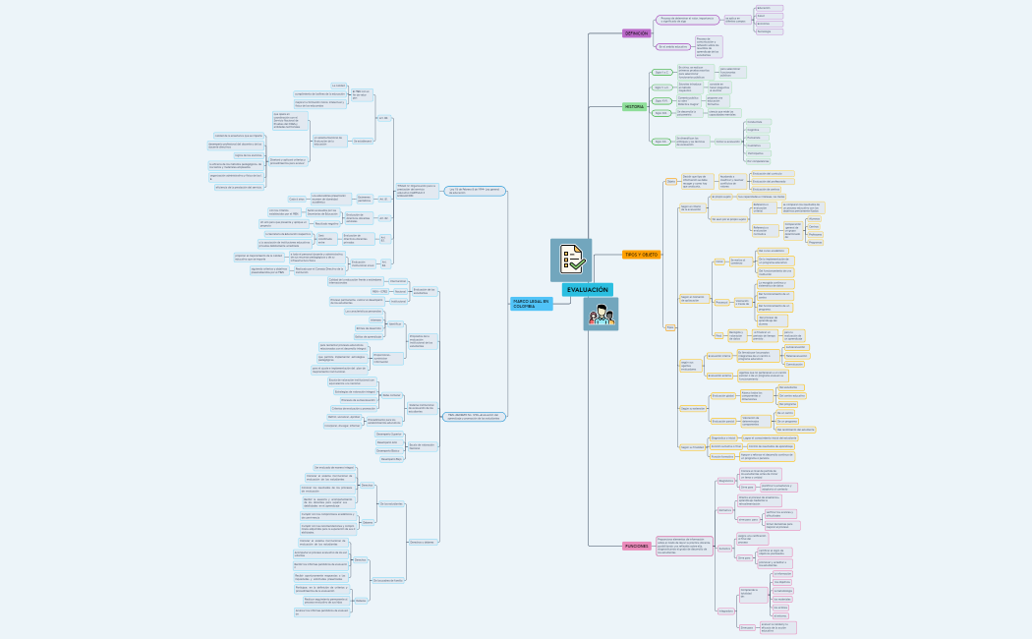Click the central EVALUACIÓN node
pyautogui.click(x=587, y=290)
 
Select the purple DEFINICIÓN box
pyautogui.click(x=637, y=33)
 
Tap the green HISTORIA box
pyautogui.click(x=635, y=106)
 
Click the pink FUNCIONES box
pyautogui.click(x=636, y=546)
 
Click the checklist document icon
pyautogui.click(x=571, y=259)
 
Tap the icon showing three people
pyautogui.click(x=601, y=316)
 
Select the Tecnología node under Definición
pyautogui.click(x=770, y=31)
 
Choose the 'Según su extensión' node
pyautogui.click(x=694, y=408)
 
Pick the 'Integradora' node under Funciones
pyautogui.click(x=726, y=610)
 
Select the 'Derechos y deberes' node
pyautogui.click(x=422, y=542)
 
